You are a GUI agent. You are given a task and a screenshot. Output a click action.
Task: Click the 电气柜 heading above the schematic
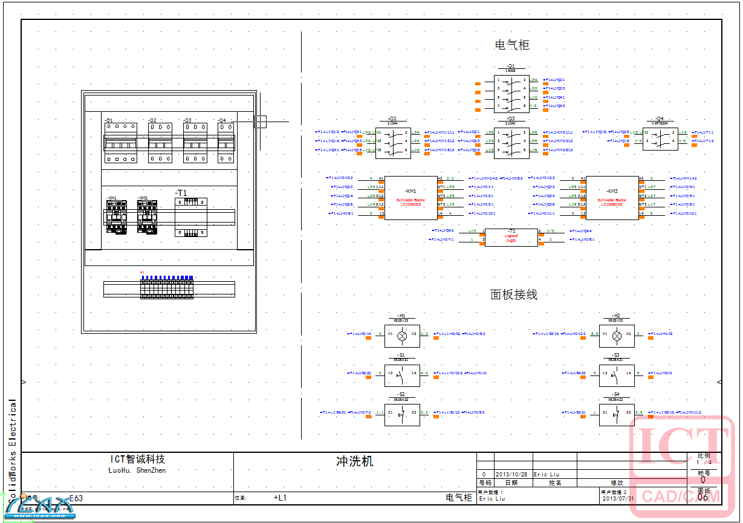[x=512, y=45]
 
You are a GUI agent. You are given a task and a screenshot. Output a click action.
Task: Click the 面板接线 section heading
[x=513, y=294]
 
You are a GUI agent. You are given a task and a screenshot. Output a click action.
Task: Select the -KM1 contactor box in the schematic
[x=411, y=198]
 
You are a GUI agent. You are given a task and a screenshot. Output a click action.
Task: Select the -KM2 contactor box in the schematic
[x=612, y=198]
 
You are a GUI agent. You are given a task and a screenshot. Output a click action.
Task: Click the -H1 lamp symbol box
[x=402, y=336]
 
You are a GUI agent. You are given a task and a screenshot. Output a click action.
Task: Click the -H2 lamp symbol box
[x=617, y=336]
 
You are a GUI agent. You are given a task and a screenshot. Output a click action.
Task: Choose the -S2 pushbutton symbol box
[x=402, y=415]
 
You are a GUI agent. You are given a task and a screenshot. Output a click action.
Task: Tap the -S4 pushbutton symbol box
[x=617, y=415]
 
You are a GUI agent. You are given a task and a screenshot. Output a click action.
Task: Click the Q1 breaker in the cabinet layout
[x=121, y=143]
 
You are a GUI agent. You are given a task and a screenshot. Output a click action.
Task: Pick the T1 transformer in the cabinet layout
[x=191, y=217]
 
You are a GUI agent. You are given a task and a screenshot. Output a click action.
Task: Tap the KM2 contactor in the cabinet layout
[x=148, y=216]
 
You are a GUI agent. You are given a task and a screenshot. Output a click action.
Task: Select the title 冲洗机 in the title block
[x=355, y=461]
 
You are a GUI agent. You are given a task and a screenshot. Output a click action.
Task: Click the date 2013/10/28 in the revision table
[x=511, y=475]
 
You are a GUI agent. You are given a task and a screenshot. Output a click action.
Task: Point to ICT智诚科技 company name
[x=137, y=460]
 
